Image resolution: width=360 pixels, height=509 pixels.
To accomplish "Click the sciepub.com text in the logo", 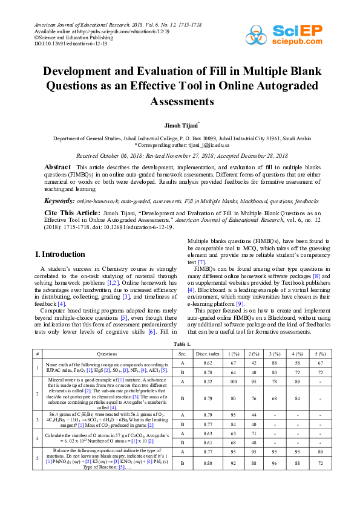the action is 298,41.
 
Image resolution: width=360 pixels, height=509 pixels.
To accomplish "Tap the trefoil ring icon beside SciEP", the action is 257,35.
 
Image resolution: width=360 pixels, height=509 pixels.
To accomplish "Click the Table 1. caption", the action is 182,343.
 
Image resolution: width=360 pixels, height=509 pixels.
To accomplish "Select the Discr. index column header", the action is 208,353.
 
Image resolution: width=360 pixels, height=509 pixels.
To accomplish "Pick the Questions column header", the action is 108,353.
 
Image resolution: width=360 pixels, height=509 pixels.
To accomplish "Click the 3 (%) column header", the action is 275,353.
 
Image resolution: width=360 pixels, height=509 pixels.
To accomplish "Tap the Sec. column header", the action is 182,353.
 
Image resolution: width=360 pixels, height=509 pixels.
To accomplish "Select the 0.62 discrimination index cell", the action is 208,363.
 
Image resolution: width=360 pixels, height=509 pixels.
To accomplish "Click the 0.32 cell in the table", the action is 208,382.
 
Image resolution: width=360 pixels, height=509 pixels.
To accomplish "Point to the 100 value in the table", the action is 233,382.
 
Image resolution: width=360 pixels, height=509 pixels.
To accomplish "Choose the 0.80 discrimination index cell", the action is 208,463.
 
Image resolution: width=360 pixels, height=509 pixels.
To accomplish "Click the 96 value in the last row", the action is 275,463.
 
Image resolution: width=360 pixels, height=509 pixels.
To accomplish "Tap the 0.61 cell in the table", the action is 208,442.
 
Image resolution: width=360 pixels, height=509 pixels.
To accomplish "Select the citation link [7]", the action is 201,262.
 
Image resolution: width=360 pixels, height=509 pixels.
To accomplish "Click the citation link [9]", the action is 240,303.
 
